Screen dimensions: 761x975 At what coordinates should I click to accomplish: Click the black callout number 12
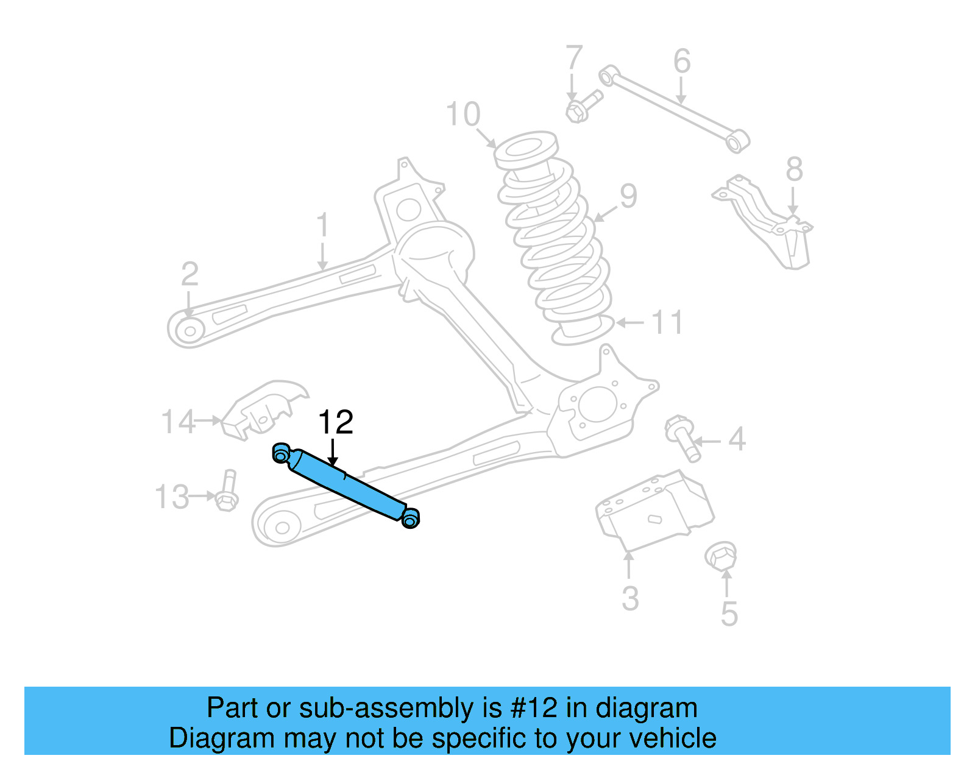[336, 422]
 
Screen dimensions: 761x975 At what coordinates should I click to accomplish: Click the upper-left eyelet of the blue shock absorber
[281, 454]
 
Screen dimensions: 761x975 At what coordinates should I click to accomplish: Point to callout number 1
[322, 225]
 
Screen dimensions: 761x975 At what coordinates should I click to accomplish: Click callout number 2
[190, 274]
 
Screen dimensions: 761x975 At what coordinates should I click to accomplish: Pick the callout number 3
[630, 598]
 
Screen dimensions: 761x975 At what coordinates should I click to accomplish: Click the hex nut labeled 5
[720, 556]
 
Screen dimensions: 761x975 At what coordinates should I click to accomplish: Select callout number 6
[682, 61]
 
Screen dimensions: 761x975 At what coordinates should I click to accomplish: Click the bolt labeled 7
[583, 106]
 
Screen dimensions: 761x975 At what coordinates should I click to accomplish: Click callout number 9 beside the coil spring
[628, 196]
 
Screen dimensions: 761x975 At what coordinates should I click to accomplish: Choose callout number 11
[667, 322]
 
